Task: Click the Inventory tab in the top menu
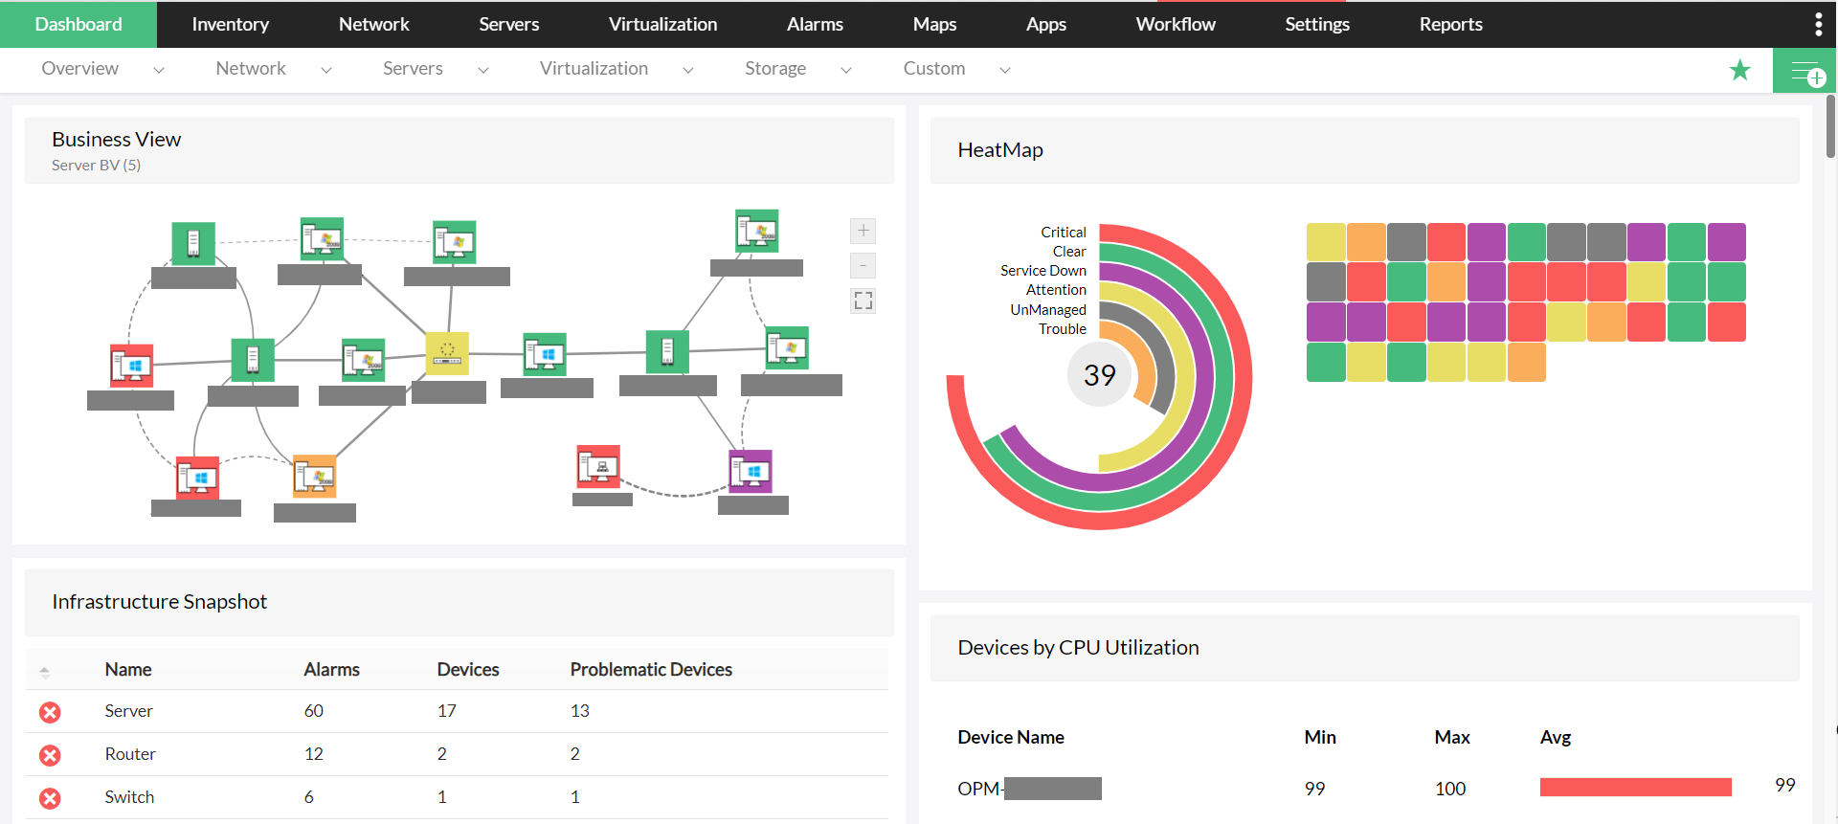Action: pos(230,24)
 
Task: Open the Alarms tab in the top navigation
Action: pos(815,24)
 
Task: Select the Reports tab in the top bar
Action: pos(1450,24)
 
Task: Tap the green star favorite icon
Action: pos(1739,70)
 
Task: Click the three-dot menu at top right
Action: pos(1818,24)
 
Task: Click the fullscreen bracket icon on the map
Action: pos(863,301)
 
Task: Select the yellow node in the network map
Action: pos(447,353)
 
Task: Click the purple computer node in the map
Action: pos(751,471)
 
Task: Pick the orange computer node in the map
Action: pos(315,476)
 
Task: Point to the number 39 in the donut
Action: pos(1099,375)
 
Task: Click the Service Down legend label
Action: pos(1042,271)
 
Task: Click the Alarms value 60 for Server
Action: pos(313,711)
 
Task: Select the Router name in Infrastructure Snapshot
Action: pos(130,754)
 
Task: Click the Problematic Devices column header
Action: pos(651,670)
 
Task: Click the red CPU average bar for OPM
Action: pos(1635,788)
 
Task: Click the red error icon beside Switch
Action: pos(50,798)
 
